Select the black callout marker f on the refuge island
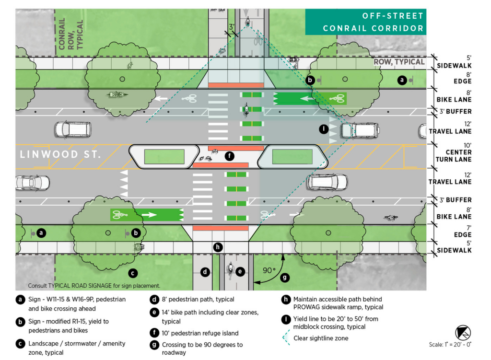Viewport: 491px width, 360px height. [x=230, y=155]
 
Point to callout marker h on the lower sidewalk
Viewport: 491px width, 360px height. [x=218, y=247]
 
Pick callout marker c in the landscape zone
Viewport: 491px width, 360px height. [x=133, y=274]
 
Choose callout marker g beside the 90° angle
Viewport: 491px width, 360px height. [x=285, y=277]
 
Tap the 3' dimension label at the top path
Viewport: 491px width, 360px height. [x=233, y=27]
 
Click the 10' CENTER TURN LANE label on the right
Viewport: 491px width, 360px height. [x=454, y=152]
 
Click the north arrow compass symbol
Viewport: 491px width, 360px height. [x=463, y=332]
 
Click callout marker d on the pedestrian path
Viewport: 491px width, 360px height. [x=205, y=272]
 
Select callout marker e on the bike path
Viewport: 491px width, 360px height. [x=240, y=272]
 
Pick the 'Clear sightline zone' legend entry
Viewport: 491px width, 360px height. [x=321, y=338]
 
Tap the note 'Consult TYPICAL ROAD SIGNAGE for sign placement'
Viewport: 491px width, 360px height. [x=94, y=286]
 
